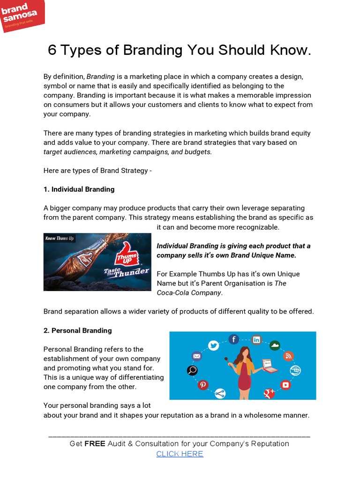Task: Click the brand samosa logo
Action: (x=22, y=16)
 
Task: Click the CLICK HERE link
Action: (x=180, y=454)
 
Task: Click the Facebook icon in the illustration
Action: (x=233, y=339)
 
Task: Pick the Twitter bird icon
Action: (x=214, y=345)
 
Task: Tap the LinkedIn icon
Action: (x=256, y=340)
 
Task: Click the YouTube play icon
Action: (x=285, y=385)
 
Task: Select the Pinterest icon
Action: (x=203, y=384)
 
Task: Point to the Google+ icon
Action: (x=269, y=393)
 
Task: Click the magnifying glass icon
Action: (x=192, y=371)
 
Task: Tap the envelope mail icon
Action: (x=196, y=356)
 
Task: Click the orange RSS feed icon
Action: (x=288, y=356)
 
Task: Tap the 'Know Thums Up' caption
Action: (x=60, y=239)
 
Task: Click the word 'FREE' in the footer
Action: (x=95, y=443)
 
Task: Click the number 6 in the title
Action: (x=52, y=50)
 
